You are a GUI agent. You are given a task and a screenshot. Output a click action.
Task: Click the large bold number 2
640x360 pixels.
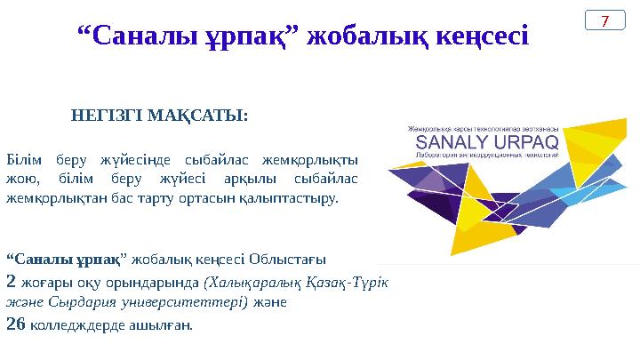[x=11, y=281]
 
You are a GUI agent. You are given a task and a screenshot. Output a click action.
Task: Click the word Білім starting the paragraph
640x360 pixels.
[x=22, y=160]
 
